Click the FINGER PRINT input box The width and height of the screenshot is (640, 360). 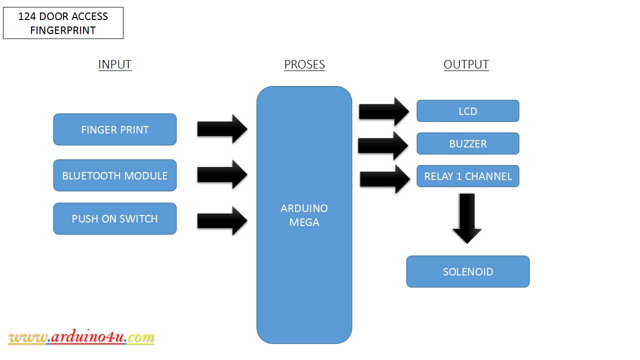point(115,129)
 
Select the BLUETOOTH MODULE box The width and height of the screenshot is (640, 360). point(115,175)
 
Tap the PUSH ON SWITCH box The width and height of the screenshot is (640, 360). point(115,218)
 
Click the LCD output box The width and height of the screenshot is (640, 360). point(467,111)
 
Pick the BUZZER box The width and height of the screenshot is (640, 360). point(467,143)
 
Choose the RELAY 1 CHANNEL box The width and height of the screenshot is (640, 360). point(467,176)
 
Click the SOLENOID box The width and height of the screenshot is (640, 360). point(467,271)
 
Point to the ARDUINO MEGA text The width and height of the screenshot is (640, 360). point(304,215)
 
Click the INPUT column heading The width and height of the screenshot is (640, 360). point(115,64)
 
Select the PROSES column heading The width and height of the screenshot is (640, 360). point(304,64)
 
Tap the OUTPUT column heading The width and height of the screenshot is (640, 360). point(466,64)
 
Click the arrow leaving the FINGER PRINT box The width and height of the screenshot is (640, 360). point(222,129)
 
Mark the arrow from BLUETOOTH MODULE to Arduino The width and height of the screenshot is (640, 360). point(222,174)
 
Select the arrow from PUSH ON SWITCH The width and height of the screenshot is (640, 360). point(222,220)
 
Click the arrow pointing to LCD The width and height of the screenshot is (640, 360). point(383,111)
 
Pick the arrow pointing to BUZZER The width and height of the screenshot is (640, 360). point(383,145)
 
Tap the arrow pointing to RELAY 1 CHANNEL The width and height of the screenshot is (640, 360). point(385,179)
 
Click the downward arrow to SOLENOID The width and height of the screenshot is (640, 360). point(467,218)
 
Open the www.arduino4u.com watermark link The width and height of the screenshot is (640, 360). point(81,337)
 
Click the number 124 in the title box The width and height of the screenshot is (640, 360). point(27,16)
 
